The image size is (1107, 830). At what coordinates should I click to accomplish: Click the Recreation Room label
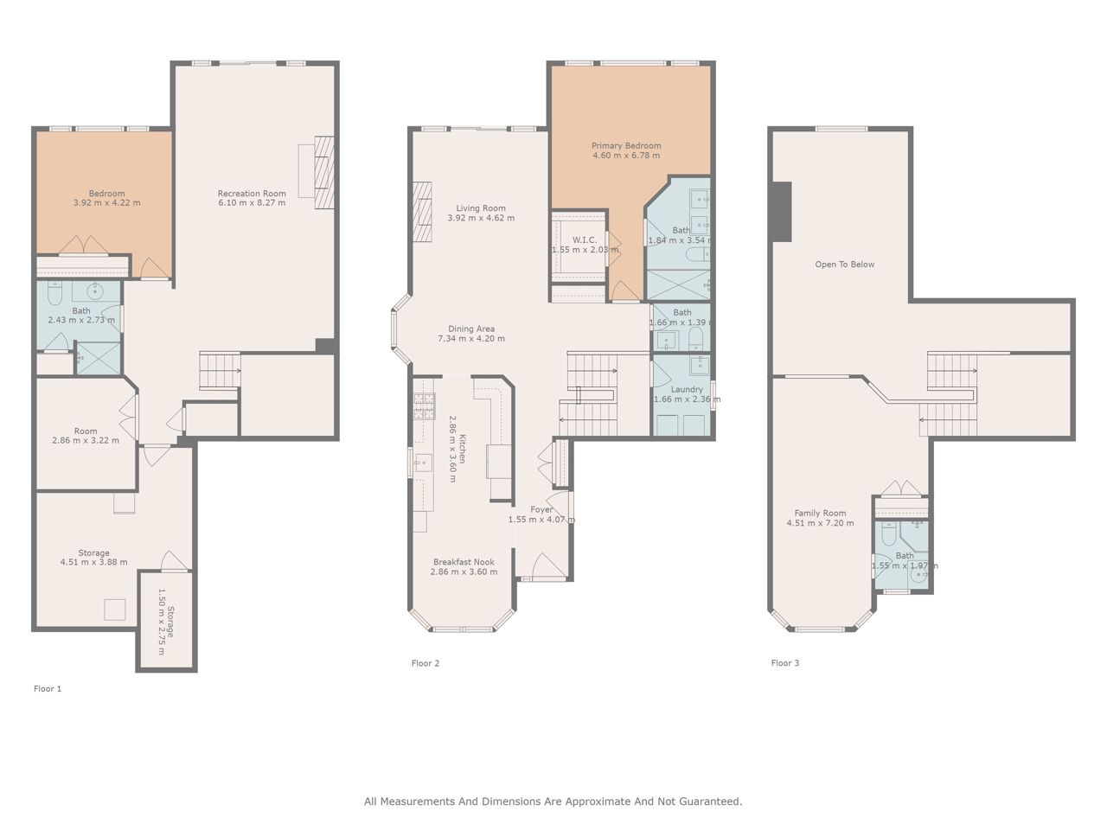252,194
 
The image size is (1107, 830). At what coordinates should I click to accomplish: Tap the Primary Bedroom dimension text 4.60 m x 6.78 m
626,156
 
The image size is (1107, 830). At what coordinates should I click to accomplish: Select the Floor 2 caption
426,663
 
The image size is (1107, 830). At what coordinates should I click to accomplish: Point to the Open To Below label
845,265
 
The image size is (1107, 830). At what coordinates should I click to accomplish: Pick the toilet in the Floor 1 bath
54,293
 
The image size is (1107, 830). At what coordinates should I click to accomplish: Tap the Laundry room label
687,390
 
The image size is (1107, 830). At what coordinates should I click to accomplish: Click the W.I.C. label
585,239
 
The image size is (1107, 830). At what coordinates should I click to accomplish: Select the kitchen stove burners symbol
424,406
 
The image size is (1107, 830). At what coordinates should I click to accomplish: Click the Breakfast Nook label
464,562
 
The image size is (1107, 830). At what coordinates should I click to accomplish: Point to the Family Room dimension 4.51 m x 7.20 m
820,523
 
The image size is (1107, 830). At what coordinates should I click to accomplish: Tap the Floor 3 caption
784,663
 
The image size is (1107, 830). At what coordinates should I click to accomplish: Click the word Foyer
541,509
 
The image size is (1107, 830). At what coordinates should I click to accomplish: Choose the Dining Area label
471,329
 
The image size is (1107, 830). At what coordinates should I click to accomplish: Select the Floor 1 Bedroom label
106,194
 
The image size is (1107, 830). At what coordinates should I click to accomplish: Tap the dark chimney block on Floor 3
781,212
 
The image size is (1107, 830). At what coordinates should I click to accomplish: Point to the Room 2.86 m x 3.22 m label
86,436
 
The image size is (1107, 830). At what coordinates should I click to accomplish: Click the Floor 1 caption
48,689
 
